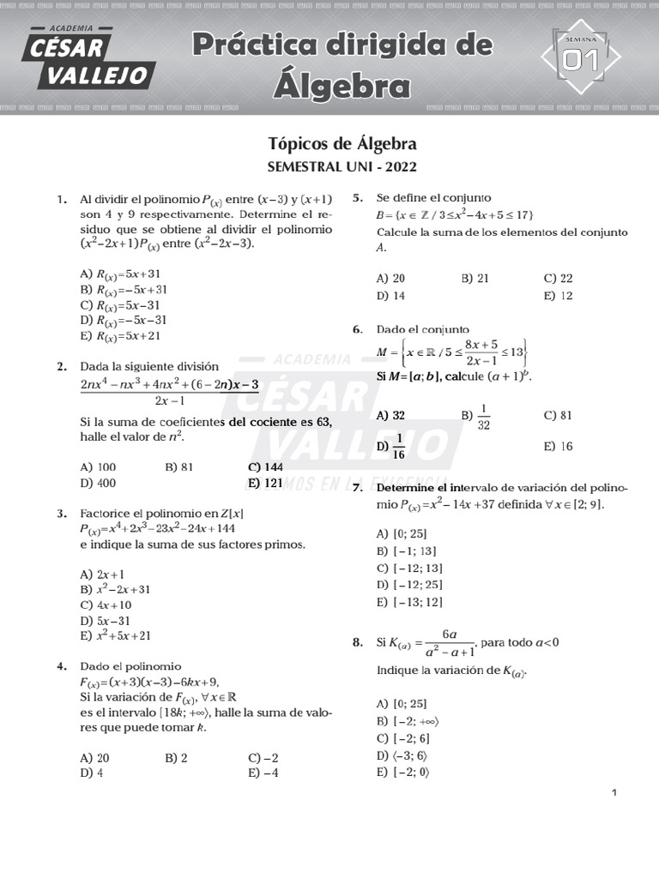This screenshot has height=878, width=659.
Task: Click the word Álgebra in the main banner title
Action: click(x=342, y=85)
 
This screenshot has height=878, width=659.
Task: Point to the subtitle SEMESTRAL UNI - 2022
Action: click(x=342, y=167)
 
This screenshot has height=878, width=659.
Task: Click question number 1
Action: click(x=62, y=200)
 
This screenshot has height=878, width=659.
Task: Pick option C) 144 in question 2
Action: click(x=265, y=467)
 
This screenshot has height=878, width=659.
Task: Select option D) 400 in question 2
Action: click(x=98, y=483)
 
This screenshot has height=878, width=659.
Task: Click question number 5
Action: click(x=357, y=198)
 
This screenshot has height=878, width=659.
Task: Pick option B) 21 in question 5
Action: click(x=475, y=279)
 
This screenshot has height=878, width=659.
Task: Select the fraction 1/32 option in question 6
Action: click(x=482, y=416)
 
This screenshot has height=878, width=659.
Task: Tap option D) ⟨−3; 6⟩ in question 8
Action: click(x=402, y=756)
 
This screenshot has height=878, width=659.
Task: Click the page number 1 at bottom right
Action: click(x=614, y=793)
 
